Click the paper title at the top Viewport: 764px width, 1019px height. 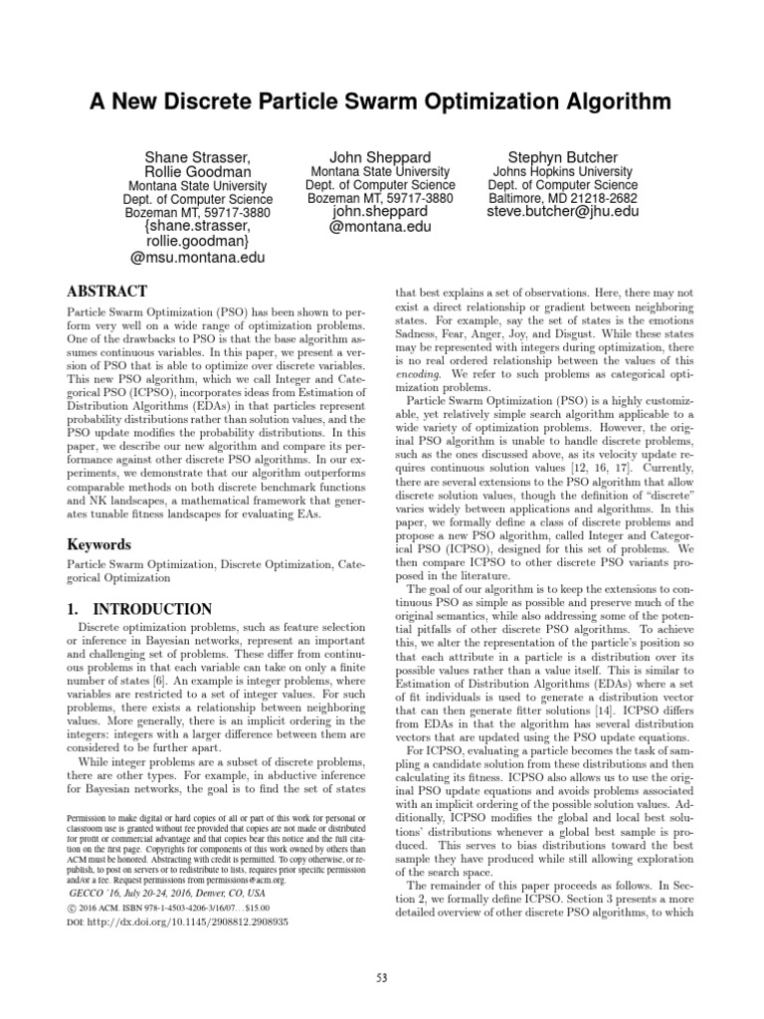point(381,102)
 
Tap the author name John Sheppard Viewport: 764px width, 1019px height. point(380,156)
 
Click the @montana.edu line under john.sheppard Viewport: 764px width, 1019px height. point(380,226)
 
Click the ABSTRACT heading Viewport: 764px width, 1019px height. point(106,292)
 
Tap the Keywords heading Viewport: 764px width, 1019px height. point(98,544)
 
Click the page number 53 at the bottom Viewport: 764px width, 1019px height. point(382,977)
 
